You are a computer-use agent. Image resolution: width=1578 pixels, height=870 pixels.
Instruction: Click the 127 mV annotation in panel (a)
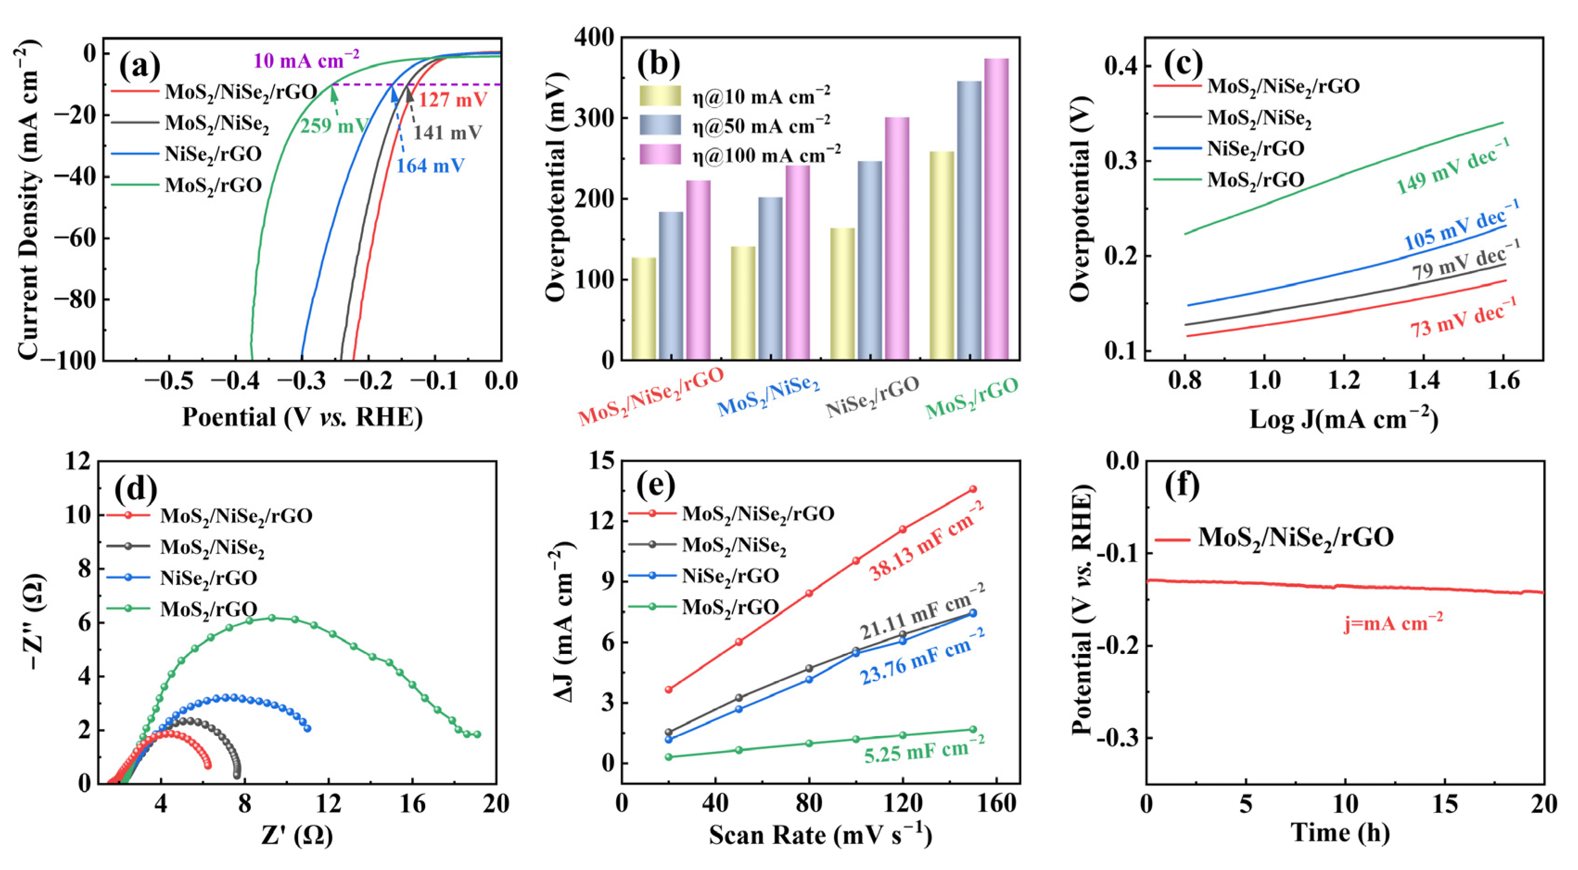[453, 99]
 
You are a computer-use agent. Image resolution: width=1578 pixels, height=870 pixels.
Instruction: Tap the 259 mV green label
[333, 126]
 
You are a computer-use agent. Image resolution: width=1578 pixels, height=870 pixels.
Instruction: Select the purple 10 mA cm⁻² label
[306, 60]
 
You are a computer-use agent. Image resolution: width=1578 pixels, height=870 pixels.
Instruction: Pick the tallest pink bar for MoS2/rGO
[996, 208]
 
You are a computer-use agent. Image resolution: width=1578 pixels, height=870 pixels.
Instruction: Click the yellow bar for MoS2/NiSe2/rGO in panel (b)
[643, 308]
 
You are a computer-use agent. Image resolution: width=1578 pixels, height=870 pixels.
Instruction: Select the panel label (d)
[136, 488]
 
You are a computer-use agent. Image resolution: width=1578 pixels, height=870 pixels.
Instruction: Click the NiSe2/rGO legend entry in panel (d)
[208, 578]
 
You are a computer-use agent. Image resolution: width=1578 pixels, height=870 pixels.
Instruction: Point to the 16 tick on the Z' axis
[412, 803]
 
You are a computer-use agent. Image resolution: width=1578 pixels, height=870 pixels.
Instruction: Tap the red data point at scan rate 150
[973, 489]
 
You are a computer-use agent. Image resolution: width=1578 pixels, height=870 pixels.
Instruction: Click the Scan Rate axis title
[820, 835]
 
